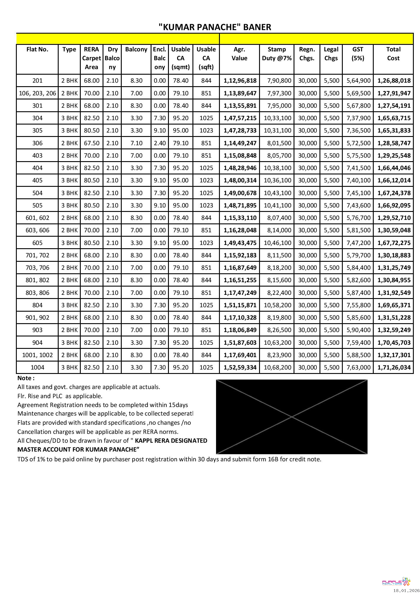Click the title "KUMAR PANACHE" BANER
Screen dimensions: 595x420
[x=215, y=27]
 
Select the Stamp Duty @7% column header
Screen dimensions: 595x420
[x=276, y=54]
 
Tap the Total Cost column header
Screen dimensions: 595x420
[x=393, y=54]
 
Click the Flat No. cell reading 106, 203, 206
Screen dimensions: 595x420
[x=37, y=93]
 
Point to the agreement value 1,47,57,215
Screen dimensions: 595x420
[x=240, y=118]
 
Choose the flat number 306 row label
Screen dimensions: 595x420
[x=37, y=143]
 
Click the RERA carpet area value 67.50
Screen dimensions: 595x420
[x=92, y=143]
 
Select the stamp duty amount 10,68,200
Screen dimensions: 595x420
[x=277, y=367]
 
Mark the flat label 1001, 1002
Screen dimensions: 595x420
[x=37, y=355]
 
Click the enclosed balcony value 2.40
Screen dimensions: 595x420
[x=159, y=143]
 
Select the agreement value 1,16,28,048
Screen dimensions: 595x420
[x=240, y=230]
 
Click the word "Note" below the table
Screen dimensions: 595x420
[x=25, y=378]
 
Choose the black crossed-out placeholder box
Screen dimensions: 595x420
[x=291, y=416]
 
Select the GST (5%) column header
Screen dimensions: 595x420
[x=358, y=54]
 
